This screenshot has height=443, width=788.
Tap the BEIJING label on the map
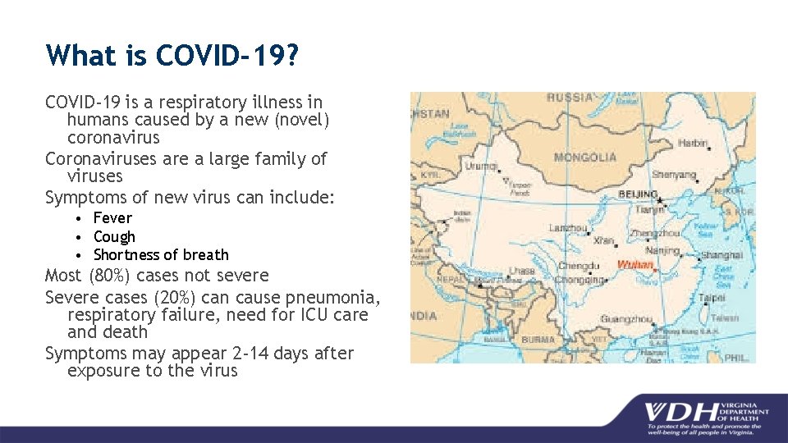point(637,195)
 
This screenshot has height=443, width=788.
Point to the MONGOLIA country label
point(585,158)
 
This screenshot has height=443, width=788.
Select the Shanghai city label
point(722,255)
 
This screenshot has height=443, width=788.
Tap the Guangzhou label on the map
point(625,320)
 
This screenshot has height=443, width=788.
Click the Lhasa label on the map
point(521,271)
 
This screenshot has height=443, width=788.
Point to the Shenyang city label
point(674,175)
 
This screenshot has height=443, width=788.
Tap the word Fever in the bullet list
point(112,218)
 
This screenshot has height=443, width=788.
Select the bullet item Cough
point(114,236)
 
